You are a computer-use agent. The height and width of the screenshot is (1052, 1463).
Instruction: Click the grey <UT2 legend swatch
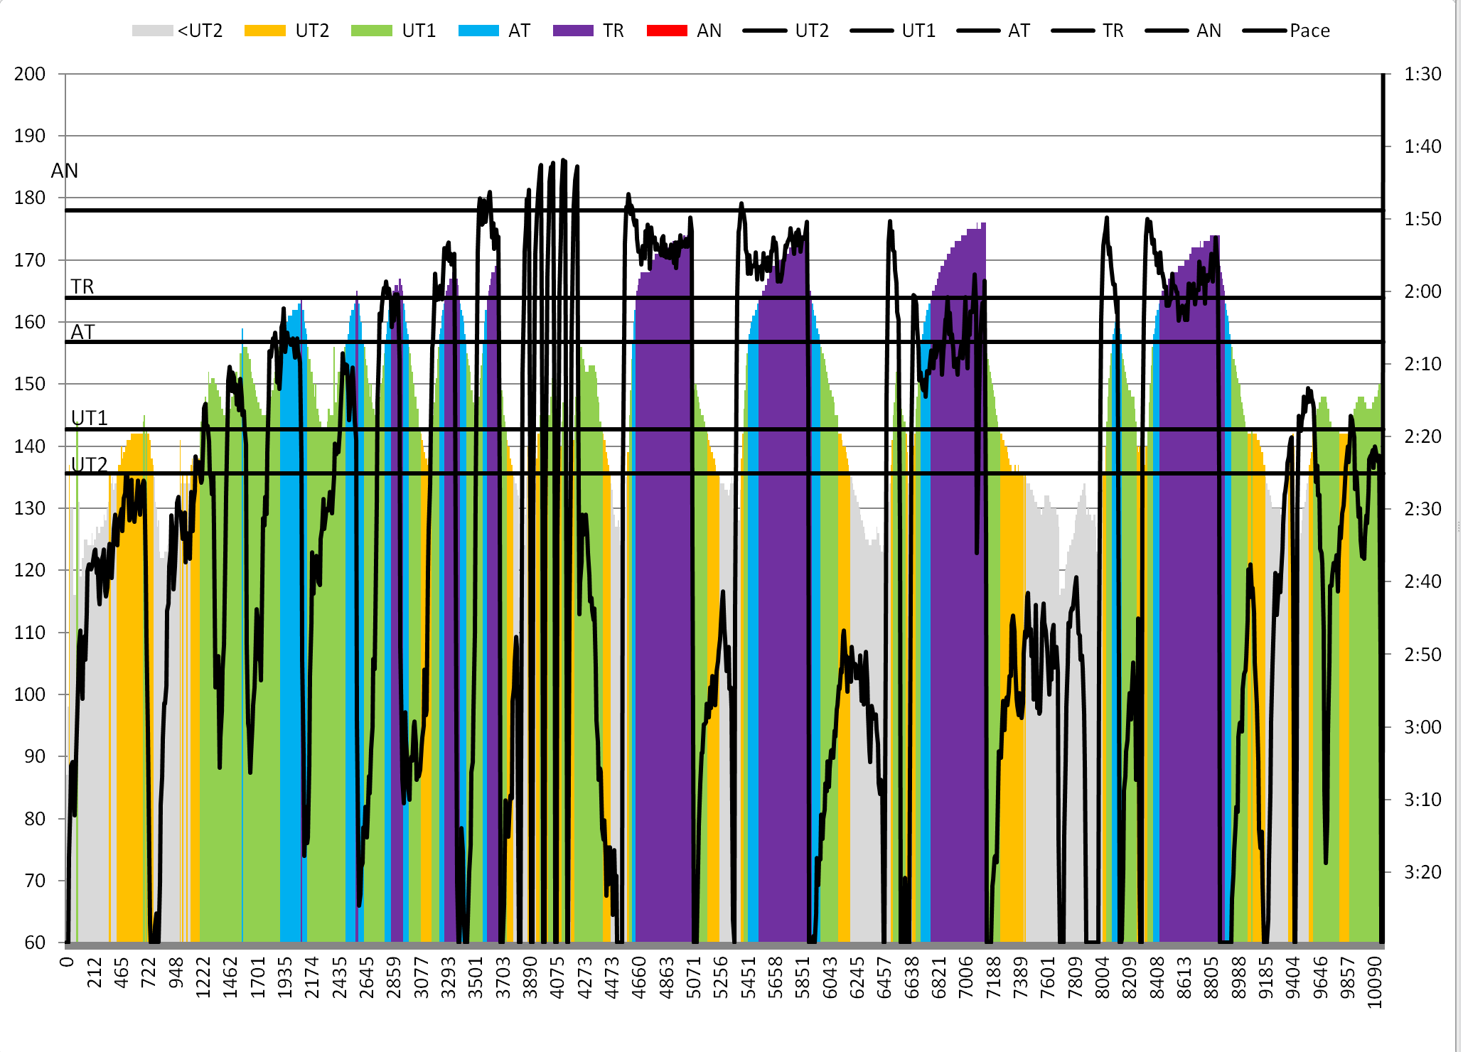(x=152, y=31)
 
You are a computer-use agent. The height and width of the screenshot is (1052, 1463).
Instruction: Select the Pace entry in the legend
(x=1309, y=31)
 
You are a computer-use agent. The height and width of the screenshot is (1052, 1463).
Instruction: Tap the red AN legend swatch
(x=667, y=31)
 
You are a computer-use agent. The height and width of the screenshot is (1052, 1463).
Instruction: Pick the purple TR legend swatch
(x=573, y=31)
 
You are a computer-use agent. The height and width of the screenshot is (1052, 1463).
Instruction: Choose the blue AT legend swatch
(x=478, y=31)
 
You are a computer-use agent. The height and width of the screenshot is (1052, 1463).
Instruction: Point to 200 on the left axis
(x=30, y=74)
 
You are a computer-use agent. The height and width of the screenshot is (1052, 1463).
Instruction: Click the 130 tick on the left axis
(x=30, y=508)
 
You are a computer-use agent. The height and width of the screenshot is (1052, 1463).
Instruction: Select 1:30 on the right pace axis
(x=1422, y=74)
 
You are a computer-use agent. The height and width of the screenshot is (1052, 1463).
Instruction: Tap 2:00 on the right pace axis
(x=1422, y=291)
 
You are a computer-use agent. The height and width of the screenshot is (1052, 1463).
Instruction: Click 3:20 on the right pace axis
(x=1422, y=872)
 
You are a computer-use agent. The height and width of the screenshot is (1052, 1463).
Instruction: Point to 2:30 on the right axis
(x=1422, y=509)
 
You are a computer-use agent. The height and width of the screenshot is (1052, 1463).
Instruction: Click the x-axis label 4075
(x=558, y=977)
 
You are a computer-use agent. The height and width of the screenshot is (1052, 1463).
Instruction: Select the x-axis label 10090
(x=1375, y=982)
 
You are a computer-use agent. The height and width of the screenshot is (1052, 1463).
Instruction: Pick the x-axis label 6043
(x=830, y=977)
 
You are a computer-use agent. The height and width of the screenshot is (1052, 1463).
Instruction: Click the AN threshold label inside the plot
(x=65, y=171)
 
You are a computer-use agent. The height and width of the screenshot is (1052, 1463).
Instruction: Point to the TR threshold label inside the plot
(x=82, y=286)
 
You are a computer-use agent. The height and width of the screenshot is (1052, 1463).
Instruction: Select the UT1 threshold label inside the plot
(x=90, y=418)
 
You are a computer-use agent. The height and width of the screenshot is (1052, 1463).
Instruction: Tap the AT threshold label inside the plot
(x=82, y=332)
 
